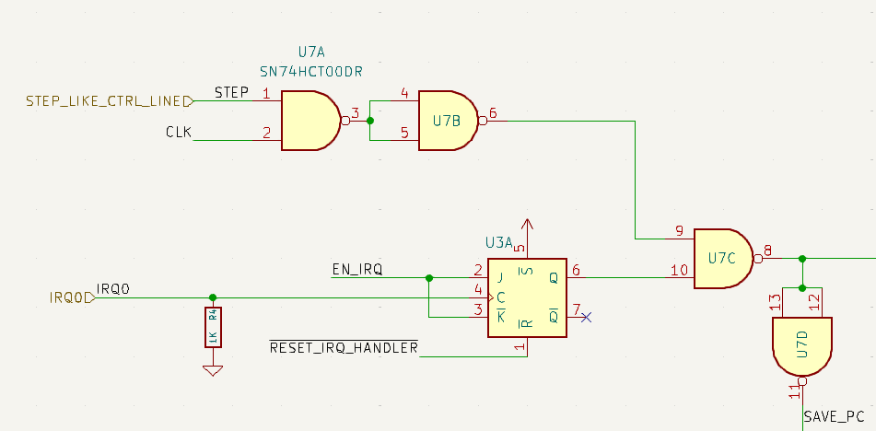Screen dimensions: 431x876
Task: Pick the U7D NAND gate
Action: [x=801, y=345]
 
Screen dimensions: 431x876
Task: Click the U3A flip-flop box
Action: [x=527, y=296]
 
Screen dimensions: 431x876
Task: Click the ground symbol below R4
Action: [x=213, y=370]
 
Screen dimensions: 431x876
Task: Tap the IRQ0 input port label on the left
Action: [x=72, y=297]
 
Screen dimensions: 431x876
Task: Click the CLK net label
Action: [x=179, y=133]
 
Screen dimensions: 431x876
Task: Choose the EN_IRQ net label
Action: [x=356, y=270]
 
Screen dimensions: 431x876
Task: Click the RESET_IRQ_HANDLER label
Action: [x=344, y=348]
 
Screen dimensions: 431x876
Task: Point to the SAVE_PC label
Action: [x=834, y=417]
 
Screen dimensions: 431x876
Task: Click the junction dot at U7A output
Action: [x=370, y=121]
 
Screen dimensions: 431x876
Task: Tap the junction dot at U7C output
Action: [x=802, y=259]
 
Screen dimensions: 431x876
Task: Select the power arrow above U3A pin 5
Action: [x=527, y=225]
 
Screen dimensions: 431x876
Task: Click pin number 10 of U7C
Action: [x=680, y=269]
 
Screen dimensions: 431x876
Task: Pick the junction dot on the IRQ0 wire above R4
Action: [x=213, y=297]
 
